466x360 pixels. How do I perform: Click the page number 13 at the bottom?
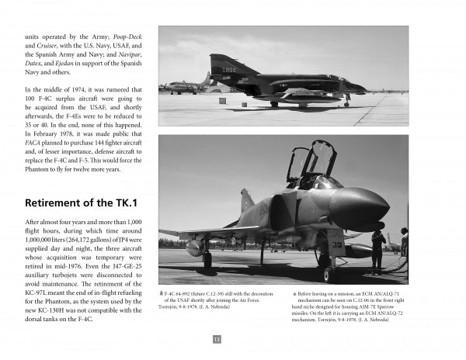pyautogui.click(x=217, y=338)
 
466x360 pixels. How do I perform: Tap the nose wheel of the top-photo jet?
pyautogui.click(x=346, y=102)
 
